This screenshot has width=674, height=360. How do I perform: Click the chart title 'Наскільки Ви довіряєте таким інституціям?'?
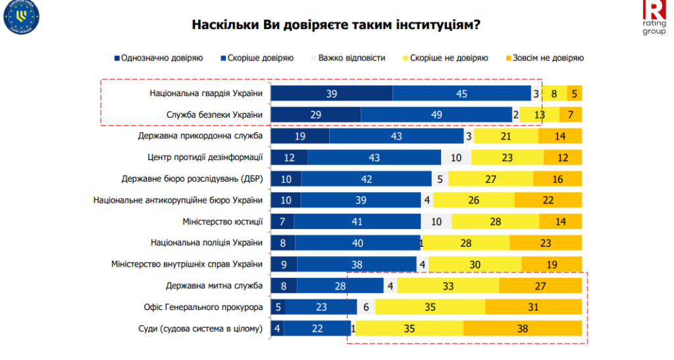click(x=336, y=25)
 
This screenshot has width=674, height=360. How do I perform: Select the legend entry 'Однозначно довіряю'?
click(x=158, y=58)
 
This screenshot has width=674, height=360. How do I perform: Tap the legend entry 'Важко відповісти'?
click(x=348, y=58)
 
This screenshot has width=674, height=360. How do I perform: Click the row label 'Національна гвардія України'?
click(x=206, y=93)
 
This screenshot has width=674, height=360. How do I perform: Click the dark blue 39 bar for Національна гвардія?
click(x=332, y=93)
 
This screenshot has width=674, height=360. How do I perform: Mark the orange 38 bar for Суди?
click(x=523, y=328)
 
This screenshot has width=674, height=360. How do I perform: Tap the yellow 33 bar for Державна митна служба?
click(x=448, y=286)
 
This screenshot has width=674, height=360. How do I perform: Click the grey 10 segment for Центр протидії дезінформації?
click(x=455, y=158)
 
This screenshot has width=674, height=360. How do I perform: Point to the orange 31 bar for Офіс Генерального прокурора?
click(x=533, y=307)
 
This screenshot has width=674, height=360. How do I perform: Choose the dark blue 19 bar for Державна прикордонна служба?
click(x=300, y=136)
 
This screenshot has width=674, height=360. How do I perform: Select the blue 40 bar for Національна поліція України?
click(x=357, y=243)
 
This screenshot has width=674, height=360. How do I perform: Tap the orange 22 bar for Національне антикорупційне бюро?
click(x=548, y=200)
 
